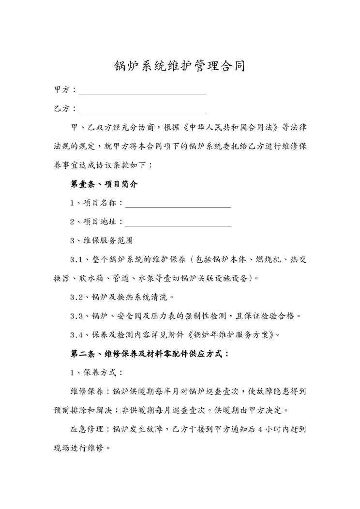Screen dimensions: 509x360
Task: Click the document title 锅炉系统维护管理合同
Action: coord(180,66)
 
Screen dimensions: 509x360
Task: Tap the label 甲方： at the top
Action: coord(65,90)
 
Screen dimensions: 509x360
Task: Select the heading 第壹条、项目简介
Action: coord(104,184)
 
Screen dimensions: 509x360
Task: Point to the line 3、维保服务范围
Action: coord(101,240)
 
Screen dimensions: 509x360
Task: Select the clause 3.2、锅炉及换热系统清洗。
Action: coord(122,297)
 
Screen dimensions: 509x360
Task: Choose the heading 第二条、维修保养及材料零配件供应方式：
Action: coord(150,354)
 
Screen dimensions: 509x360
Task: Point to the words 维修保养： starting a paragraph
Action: coord(90,392)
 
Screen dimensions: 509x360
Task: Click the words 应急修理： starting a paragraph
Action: coord(90,429)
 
